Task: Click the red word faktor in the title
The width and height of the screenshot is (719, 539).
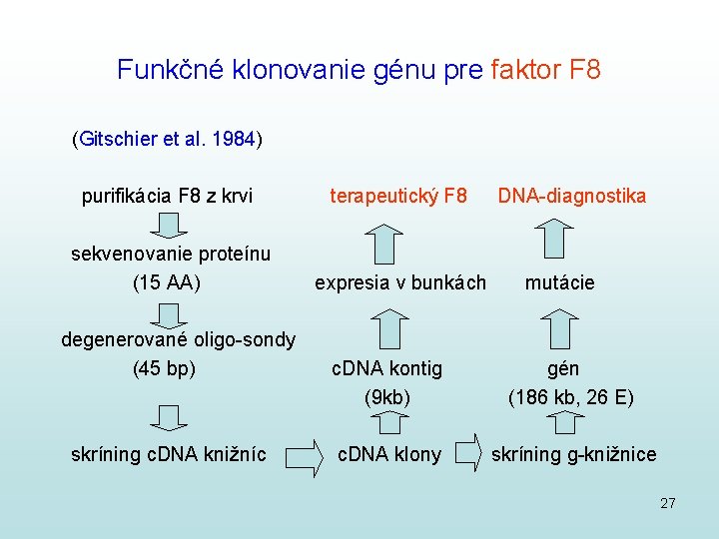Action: [525, 70]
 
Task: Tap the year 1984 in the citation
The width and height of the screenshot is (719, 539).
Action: [235, 139]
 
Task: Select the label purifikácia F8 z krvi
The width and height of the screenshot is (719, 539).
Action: [167, 196]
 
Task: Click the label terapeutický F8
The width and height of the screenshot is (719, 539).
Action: [398, 196]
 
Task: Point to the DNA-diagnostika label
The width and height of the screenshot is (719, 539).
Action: [572, 196]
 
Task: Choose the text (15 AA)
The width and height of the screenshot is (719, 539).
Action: [167, 282]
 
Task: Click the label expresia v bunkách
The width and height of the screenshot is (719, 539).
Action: [400, 282]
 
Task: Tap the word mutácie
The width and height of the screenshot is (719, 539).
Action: [560, 282]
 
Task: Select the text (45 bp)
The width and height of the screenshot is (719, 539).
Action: [164, 368]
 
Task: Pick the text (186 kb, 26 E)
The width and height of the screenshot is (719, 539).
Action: [570, 397]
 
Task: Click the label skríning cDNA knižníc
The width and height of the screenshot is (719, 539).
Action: [169, 455]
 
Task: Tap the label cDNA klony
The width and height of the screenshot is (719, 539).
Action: [389, 455]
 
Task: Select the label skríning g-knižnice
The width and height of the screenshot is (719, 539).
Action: [574, 455]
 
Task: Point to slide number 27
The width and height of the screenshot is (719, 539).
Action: [668, 503]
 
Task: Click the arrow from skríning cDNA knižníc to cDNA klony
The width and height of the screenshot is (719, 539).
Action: [305, 455]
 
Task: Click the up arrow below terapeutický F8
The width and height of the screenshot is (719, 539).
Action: [382, 241]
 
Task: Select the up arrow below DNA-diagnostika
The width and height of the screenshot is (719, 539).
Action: [555, 240]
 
